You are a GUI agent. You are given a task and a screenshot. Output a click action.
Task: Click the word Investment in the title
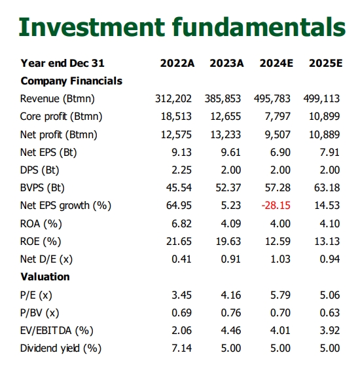(92, 27)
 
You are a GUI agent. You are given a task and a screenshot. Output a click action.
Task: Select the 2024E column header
(276, 64)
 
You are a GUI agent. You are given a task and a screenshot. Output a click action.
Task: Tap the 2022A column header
(177, 64)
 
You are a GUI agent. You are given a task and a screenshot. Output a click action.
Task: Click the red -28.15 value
(276, 206)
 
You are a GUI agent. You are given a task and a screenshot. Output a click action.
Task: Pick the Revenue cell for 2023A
(223, 98)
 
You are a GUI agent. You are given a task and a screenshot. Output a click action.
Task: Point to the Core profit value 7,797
(278, 117)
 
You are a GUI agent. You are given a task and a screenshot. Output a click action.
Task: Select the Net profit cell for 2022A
(176, 134)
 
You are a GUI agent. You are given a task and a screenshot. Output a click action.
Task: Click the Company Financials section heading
(71, 81)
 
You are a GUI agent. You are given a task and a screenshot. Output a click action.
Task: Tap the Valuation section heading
(45, 277)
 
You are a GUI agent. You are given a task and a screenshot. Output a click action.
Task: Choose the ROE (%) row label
(41, 242)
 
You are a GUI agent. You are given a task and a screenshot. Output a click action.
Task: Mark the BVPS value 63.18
(327, 188)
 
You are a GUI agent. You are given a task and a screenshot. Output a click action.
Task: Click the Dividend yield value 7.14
(182, 348)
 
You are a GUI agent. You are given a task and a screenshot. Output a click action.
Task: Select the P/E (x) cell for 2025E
(330, 295)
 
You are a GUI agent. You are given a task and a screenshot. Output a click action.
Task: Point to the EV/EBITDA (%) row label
(57, 331)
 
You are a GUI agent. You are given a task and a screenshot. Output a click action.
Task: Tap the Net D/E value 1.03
(280, 259)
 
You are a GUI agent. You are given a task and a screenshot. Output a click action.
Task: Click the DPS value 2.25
(182, 170)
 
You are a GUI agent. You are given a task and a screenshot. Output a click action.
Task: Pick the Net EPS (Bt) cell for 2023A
(231, 152)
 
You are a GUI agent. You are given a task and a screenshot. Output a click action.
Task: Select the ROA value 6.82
(182, 224)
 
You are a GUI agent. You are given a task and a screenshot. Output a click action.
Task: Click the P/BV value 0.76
(231, 312)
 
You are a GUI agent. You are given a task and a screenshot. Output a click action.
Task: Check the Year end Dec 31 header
(63, 64)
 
